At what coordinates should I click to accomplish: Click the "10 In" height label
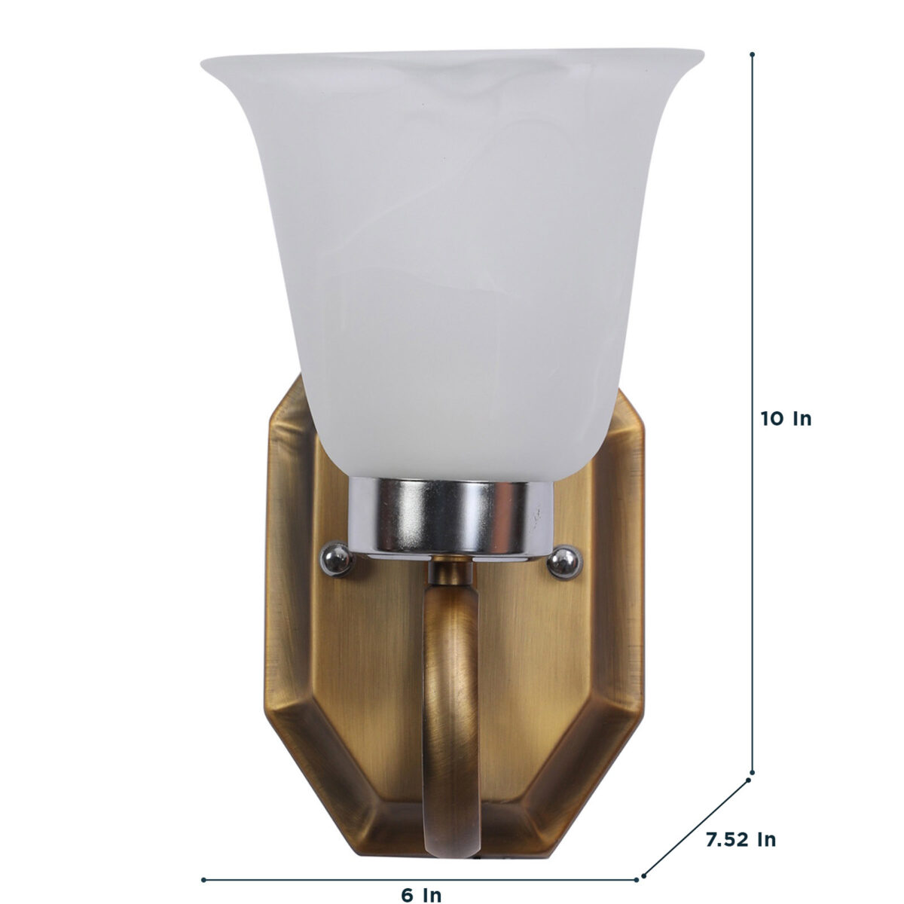pos(786,419)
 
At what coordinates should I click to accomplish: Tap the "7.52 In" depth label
pos(741,813)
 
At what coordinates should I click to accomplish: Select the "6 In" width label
pos(421,882)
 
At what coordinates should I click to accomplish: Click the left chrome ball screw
pos(336,558)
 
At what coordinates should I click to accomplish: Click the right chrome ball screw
pos(565,561)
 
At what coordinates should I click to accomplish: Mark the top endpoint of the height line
pos(752,54)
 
